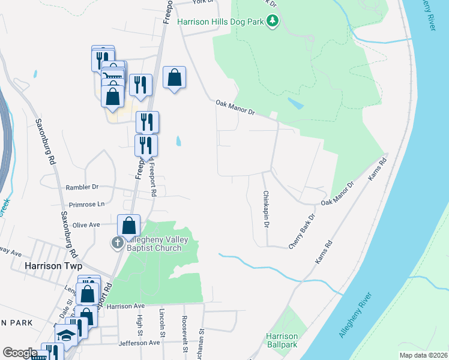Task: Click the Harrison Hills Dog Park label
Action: [x=221, y=22]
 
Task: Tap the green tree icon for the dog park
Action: [x=273, y=22]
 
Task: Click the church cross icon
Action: [x=116, y=243]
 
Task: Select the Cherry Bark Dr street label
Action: [x=302, y=232]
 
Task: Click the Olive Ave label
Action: [x=86, y=224]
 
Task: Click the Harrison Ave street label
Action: [x=127, y=306]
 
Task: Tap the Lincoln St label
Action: [x=162, y=322]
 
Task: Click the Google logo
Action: [x=20, y=353]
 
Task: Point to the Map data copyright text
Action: [x=423, y=355]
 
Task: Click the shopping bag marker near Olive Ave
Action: [x=129, y=226]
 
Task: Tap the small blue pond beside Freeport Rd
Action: [x=178, y=142]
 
